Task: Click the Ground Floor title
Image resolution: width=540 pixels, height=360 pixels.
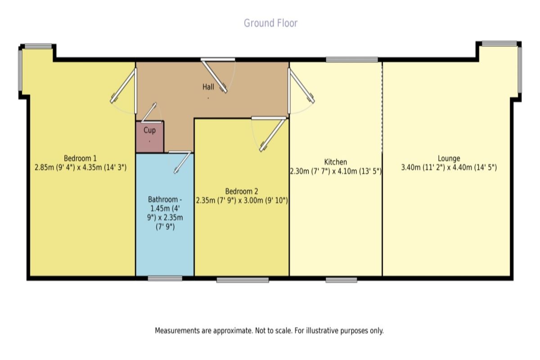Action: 270,23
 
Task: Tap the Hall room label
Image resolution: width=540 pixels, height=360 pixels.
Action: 208,87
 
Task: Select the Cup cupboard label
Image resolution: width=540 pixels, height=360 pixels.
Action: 149,130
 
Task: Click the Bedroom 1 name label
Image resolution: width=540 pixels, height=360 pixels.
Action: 80,158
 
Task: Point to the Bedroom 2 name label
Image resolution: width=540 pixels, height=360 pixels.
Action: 242,191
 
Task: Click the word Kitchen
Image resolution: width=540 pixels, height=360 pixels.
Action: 335,162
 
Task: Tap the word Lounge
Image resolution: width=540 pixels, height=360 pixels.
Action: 449,158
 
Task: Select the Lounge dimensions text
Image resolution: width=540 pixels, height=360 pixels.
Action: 449,167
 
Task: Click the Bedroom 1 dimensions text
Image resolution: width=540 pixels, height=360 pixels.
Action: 81,167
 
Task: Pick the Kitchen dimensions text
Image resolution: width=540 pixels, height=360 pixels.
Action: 336,171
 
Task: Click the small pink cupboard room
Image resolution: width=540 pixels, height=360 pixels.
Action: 150,137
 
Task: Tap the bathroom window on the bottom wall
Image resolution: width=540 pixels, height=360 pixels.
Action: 165,279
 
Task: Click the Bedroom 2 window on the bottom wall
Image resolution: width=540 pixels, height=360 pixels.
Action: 243,280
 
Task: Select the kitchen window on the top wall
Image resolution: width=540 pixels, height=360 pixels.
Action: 352,59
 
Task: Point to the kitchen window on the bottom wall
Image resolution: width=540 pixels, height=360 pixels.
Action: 341,280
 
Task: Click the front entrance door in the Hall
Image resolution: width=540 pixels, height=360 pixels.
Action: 214,76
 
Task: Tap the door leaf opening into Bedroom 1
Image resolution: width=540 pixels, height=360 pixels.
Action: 122,86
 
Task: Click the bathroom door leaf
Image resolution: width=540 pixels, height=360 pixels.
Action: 183,162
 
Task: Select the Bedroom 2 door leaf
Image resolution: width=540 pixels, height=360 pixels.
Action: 273,135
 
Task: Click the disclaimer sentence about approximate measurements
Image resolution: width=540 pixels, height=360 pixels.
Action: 269,331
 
